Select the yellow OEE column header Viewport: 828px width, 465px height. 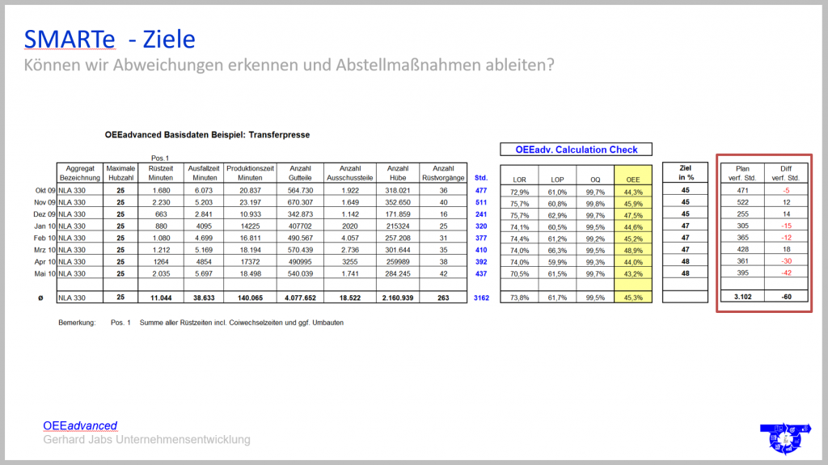click(x=633, y=179)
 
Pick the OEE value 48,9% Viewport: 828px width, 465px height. click(x=633, y=251)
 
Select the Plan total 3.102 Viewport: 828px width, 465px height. click(x=742, y=298)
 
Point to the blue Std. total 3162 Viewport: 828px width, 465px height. click(x=480, y=298)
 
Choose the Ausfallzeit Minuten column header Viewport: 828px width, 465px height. click(x=203, y=173)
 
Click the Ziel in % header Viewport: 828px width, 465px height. click(x=686, y=173)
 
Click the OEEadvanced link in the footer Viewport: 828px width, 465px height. click(x=80, y=425)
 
